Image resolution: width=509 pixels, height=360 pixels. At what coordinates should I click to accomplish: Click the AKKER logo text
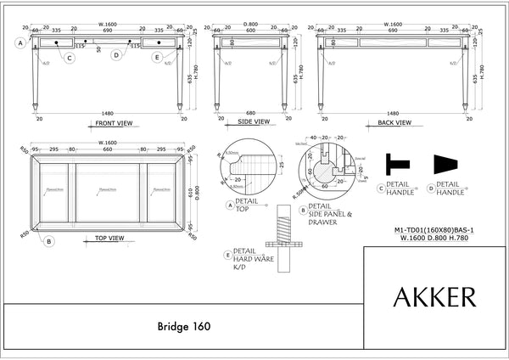click(x=434, y=297)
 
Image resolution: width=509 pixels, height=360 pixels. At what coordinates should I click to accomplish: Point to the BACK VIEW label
click(x=392, y=123)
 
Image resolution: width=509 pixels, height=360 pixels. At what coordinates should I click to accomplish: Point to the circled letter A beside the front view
click(x=20, y=42)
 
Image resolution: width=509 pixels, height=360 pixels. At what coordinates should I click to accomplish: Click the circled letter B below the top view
click(x=48, y=242)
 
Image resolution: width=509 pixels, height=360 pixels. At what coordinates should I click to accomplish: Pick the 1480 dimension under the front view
click(x=107, y=113)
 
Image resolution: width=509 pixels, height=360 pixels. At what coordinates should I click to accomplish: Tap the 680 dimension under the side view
click(x=250, y=113)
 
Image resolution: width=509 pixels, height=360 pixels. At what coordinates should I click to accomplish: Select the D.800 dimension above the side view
click(x=250, y=25)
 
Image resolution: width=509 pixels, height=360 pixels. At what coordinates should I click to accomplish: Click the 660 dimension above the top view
click(x=107, y=149)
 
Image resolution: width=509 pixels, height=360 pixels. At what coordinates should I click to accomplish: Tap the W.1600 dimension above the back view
click(x=392, y=25)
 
